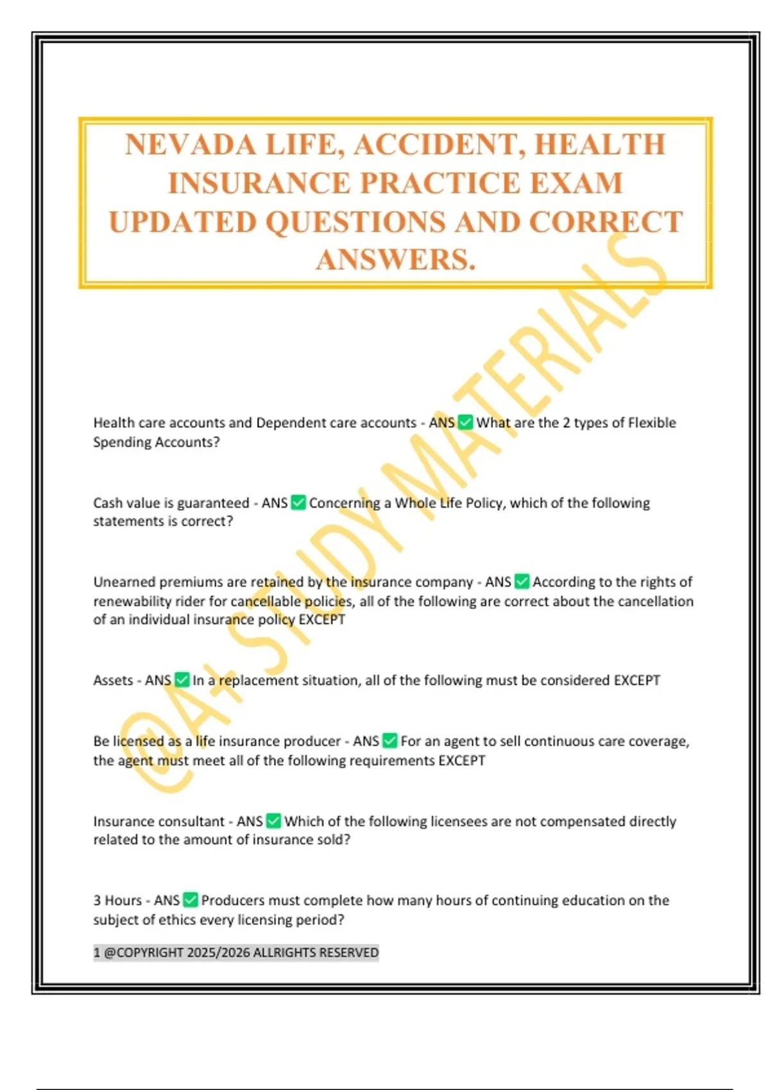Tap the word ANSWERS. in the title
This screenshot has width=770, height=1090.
pos(395,260)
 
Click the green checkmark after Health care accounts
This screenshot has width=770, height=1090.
pos(465,423)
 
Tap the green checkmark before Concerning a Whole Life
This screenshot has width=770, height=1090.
pos(298,503)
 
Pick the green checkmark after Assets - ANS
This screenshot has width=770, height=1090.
pos(182,680)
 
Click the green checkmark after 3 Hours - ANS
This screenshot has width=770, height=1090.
pos(191,900)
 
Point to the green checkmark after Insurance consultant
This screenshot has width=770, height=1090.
pos(274,821)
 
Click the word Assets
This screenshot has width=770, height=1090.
pos(113,680)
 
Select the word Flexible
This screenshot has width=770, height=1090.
pos(651,423)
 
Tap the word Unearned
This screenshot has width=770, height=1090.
pos(124,582)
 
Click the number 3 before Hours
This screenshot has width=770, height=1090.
pos(97,900)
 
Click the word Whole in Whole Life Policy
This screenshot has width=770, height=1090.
pos(415,503)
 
